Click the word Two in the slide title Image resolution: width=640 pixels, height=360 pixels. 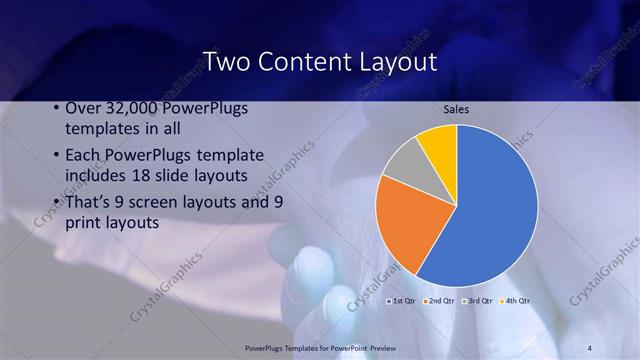(227, 62)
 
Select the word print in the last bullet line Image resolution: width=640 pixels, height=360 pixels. (84, 223)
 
